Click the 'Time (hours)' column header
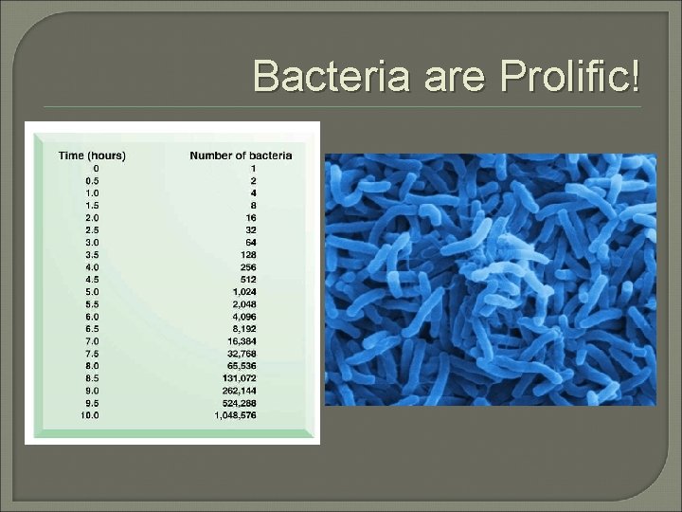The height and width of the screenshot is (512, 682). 92,155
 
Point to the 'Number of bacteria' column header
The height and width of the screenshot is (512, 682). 241,155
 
